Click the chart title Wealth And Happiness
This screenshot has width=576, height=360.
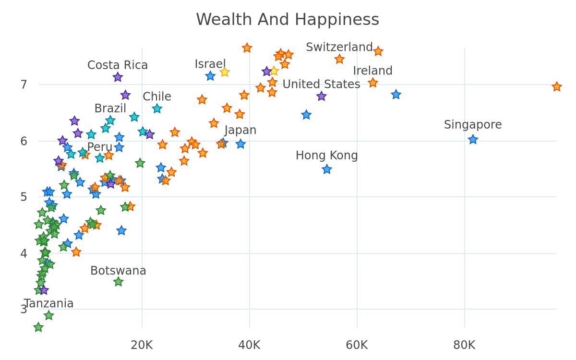point(288,20)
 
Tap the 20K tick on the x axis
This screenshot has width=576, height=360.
point(142,345)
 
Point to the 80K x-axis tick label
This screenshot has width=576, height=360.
point(465,345)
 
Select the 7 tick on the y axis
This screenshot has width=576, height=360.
point(24,84)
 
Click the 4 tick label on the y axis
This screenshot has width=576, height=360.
point(24,253)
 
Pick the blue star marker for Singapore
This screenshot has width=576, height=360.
point(473,140)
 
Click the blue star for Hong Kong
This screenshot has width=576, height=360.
point(327,169)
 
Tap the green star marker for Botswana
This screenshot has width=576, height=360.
point(118,282)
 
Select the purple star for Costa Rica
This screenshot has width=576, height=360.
point(118,77)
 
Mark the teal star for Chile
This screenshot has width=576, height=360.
point(157,109)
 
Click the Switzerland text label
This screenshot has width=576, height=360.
point(339,48)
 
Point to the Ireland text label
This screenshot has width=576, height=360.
point(372,71)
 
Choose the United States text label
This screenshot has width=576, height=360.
point(321,84)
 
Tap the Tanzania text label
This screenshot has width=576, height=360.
point(49,304)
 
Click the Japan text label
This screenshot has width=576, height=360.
point(240,131)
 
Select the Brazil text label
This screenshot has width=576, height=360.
point(110,108)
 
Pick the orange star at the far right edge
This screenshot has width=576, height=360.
point(557,87)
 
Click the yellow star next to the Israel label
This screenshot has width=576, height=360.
point(225,72)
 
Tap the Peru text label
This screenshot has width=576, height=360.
point(100,147)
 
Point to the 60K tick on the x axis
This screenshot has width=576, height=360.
point(357,345)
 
